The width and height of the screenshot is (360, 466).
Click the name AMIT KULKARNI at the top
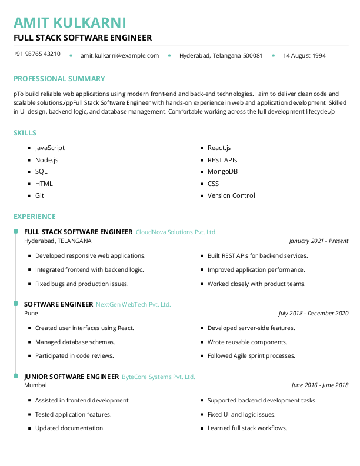click(x=69, y=22)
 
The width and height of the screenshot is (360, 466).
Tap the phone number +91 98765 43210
click(x=37, y=54)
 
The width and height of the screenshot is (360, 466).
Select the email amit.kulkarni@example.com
click(x=119, y=55)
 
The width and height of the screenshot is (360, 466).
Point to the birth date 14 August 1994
click(x=304, y=55)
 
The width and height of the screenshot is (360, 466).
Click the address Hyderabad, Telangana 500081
click(x=221, y=55)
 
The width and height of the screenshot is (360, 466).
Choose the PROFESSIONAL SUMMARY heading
click(x=59, y=79)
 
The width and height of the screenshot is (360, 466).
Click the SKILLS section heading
click(x=25, y=133)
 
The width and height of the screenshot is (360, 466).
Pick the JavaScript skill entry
click(x=50, y=148)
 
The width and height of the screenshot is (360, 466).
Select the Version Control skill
click(x=231, y=195)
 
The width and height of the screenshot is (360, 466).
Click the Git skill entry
click(x=39, y=195)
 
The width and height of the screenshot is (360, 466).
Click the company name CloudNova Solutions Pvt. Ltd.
click(x=176, y=232)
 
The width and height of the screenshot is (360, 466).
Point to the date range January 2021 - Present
click(x=318, y=241)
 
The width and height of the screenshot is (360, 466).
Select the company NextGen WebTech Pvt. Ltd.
click(x=133, y=304)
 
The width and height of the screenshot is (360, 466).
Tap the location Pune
click(x=31, y=313)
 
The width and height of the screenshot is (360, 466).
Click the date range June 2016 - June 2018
click(x=319, y=385)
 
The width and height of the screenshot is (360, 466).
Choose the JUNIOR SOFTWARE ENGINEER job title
click(x=71, y=377)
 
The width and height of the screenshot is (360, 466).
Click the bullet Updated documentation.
click(x=69, y=428)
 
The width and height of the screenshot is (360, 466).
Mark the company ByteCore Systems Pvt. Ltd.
click(x=158, y=377)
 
